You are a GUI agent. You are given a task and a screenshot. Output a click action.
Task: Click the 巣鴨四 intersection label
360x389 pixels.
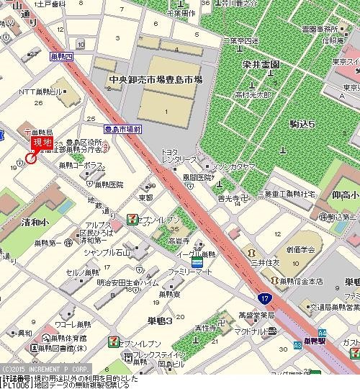click(60, 56)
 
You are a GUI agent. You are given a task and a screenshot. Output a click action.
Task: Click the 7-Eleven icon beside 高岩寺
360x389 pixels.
click(133, 218)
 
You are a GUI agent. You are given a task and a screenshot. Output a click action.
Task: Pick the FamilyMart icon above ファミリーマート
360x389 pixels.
click(196, 264)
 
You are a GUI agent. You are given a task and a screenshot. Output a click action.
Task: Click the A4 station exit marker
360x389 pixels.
click(322, 332)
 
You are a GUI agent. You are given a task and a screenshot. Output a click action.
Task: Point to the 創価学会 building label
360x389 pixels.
click(307, 269)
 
